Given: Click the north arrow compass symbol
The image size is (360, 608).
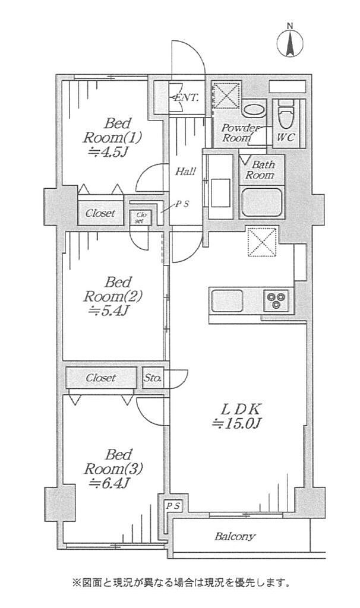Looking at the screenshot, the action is (290, 42).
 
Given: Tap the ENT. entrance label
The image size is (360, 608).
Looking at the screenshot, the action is (186, 97).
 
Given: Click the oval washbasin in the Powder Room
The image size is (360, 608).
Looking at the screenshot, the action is (254, 109).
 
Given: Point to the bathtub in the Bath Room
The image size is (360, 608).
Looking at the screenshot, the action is (262, 202).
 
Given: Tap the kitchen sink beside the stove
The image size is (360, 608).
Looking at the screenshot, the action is (227, 300).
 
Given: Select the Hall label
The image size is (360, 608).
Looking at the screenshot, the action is (185, 171).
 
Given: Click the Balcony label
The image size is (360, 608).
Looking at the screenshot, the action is (235, 536).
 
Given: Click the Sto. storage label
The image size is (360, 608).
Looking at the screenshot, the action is (153, 377).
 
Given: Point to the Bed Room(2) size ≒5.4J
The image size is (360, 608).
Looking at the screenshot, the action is (108, 311).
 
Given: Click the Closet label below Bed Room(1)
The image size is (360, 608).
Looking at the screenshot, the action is (100, 213).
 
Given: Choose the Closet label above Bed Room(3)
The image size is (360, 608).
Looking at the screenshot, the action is (101, 377).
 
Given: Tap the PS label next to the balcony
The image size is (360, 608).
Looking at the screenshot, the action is (173, 506).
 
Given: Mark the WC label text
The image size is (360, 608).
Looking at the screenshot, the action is (286, 137).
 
